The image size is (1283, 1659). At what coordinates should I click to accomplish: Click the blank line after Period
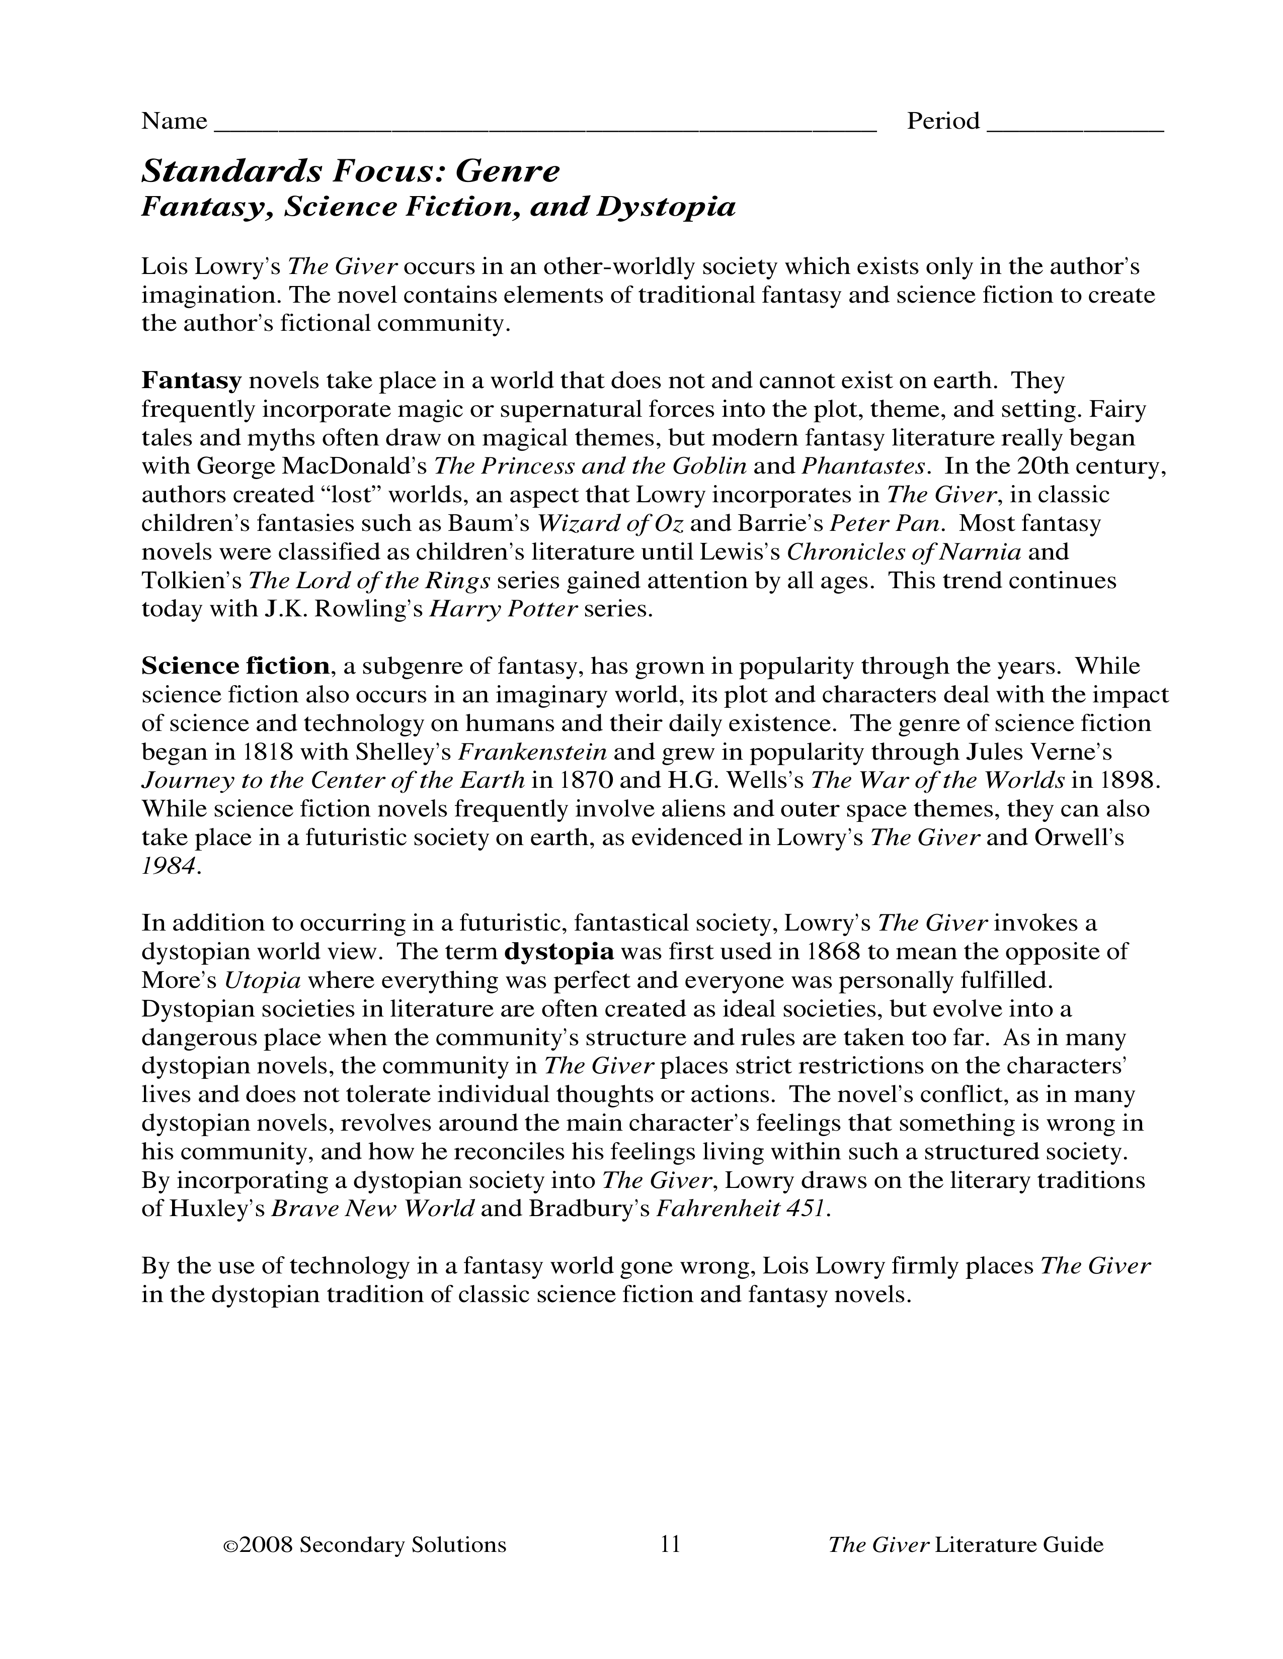click(x=1075, y=124)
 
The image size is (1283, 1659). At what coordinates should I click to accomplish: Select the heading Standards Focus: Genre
click(x=350, y=171)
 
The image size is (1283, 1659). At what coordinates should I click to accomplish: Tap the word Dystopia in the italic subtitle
click(x=666, y=207)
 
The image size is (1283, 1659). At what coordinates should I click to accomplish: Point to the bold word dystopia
click(x=559, y=952)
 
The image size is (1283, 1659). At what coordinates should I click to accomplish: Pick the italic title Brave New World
click(x=372, y=1209)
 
